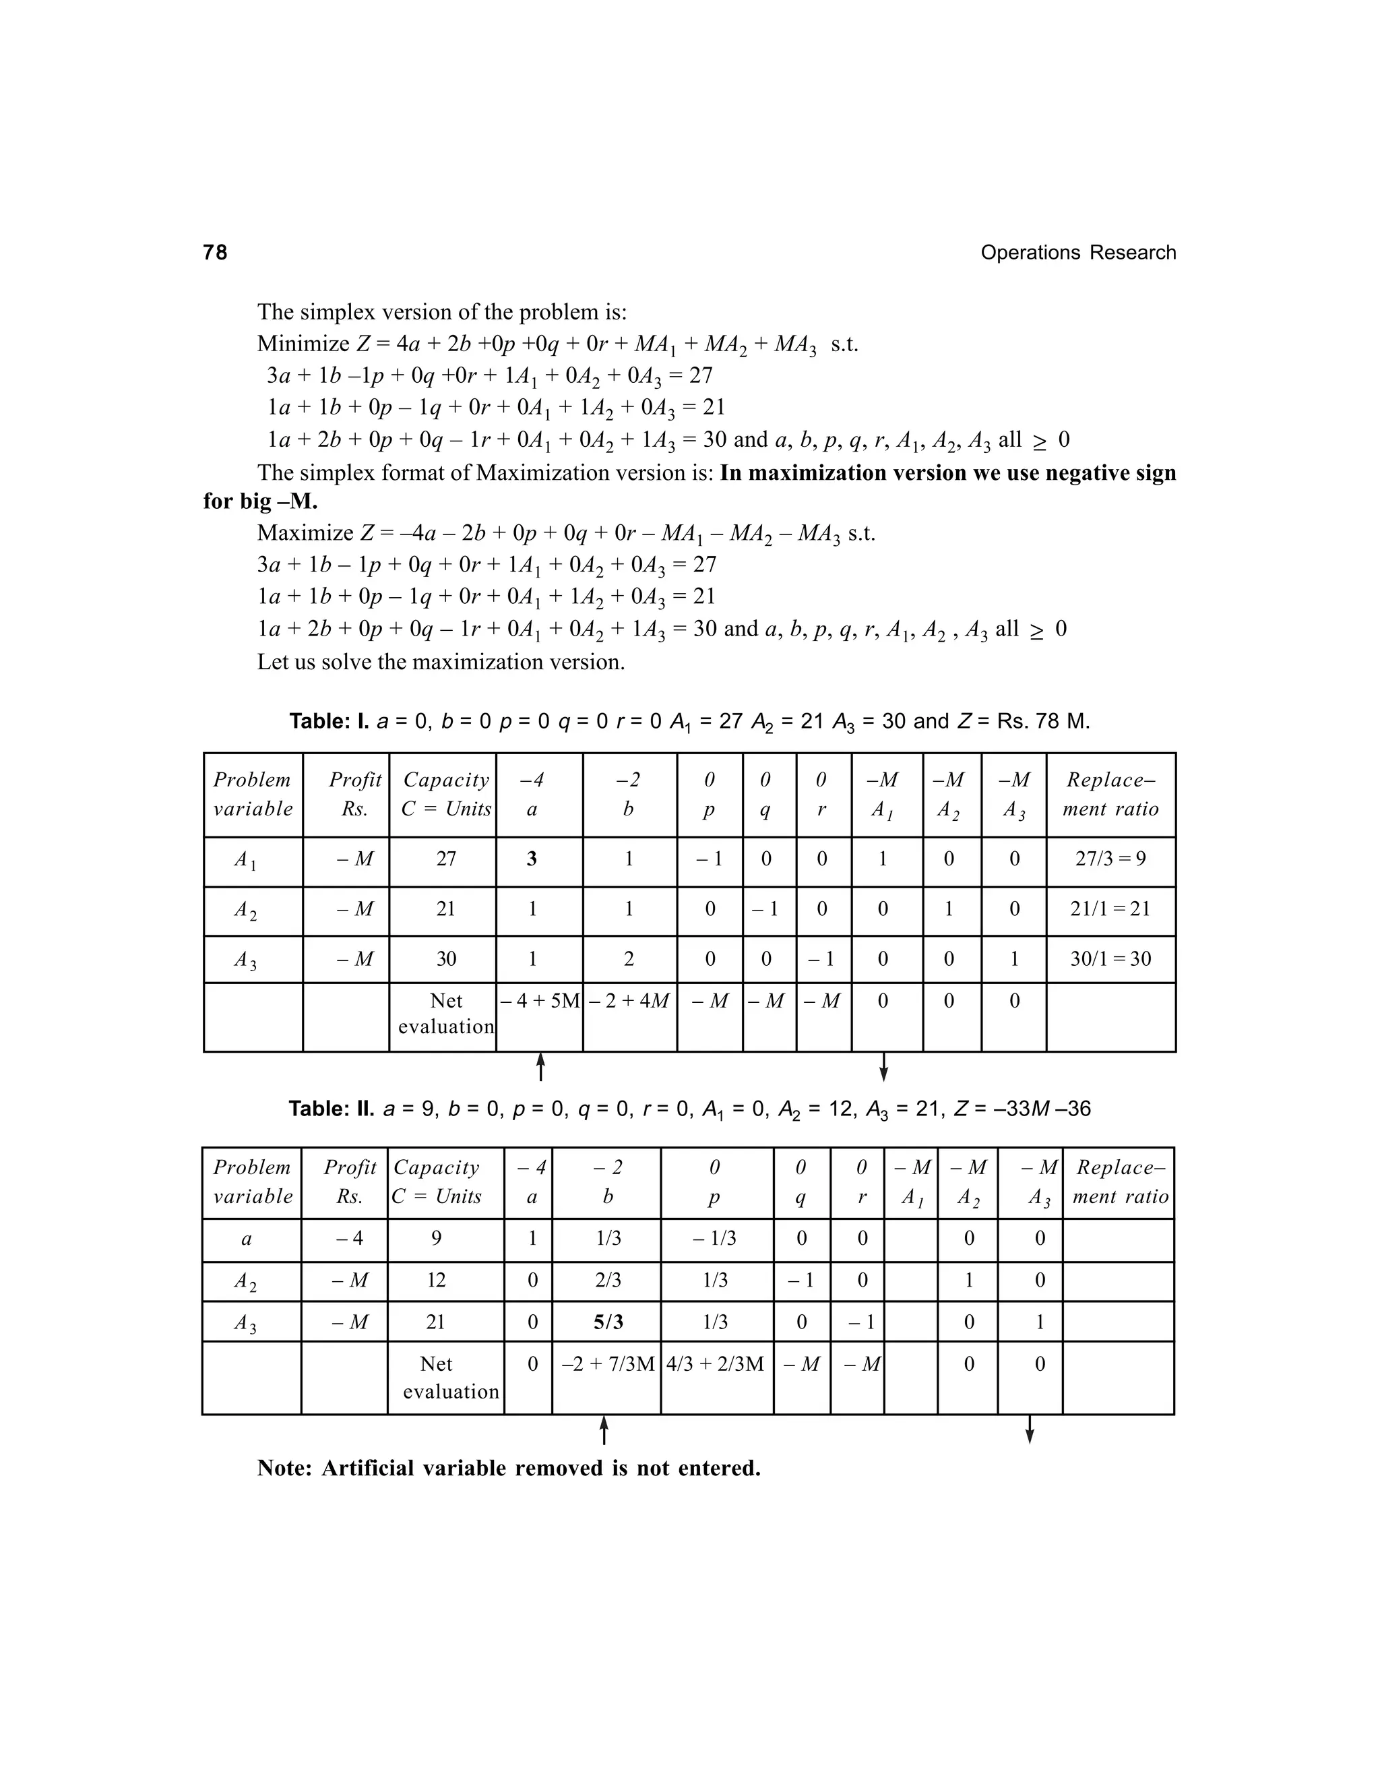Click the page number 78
click(215, 253)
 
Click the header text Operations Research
click(1077, 253)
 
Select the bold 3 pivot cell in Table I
click(532, 859)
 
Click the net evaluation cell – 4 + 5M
click(540, 1001)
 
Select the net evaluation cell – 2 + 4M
click(629, 1001)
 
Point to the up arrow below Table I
click(540, 1067)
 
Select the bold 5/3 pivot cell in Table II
click(607, 1322)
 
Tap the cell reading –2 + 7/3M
click(606, 1364)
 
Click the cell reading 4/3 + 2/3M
click(716, 1364)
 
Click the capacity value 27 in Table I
click(445, 859)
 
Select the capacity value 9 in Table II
click(436, 1238)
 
